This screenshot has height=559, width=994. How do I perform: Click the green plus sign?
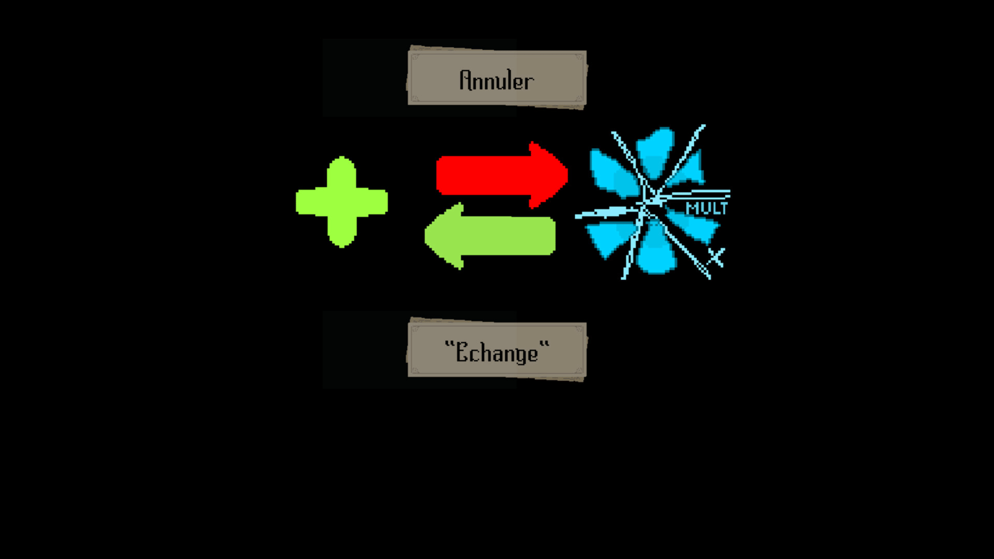[x=342, y=201]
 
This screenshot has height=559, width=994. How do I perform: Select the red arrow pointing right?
[x=497, y=175]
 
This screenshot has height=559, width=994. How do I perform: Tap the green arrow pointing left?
[x=492, y=236]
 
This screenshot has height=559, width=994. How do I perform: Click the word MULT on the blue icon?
[x=707, y=209]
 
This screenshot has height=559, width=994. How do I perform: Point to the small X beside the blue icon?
[x=717, y=257]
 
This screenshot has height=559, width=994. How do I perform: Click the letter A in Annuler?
[x=466, y=80]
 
